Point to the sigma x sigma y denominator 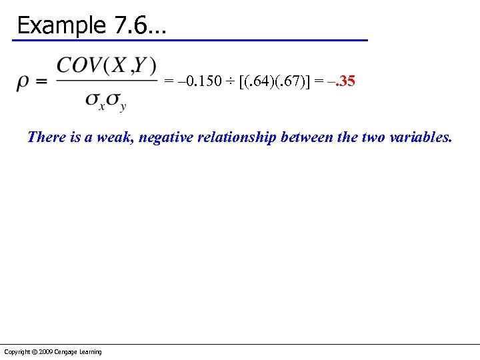[106, 100]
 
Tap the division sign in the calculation [229, 82]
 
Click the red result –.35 [342, 82]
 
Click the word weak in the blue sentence [115, 137]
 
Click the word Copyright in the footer [15, 352]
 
